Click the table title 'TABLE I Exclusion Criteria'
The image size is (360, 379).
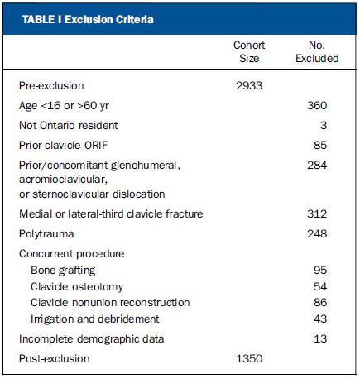[88, 20]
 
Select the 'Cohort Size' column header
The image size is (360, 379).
[249, 51]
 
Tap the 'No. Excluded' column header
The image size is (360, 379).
[317, 51]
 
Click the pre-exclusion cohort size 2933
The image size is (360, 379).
[249, 85]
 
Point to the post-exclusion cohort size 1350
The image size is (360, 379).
[249, 358]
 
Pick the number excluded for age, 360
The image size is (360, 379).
[317, 105]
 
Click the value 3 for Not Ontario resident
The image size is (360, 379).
[324, 125]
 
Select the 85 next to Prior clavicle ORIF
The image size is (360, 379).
[320, 145]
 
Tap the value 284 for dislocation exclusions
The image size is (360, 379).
[317, 165]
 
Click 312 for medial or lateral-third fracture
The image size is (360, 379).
[317, 213]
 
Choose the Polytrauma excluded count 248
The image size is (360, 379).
[317, 233]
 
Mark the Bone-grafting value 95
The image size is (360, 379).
[320, 270]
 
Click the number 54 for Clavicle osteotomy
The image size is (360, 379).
[320, 286]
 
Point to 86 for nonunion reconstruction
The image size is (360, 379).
[320, 302]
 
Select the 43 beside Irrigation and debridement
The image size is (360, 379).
[320, 319]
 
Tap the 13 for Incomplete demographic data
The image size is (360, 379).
[320, 338]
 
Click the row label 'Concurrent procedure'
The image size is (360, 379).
[72, 254]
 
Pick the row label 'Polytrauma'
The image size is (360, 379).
[46, 234]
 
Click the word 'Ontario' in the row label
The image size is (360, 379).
[55, 125]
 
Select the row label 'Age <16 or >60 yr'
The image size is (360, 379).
[64, 106]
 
